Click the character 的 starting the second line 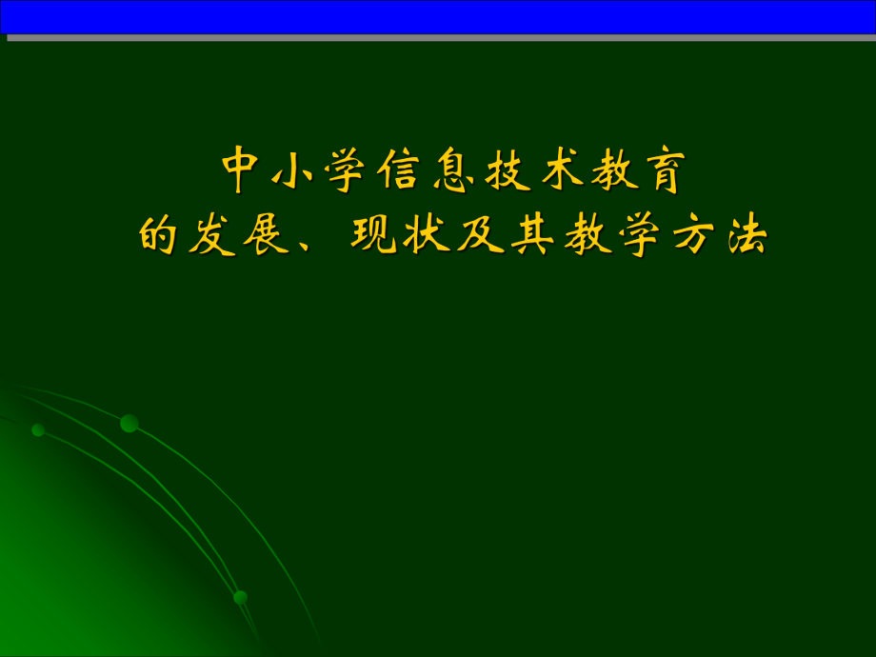[x=158, y=234]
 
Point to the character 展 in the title [x=265, y=234]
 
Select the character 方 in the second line [x=689, y=234]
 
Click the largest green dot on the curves [x=129, y=423]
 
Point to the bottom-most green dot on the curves [x=240, y=597]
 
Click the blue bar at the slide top [x=438, y=17]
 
